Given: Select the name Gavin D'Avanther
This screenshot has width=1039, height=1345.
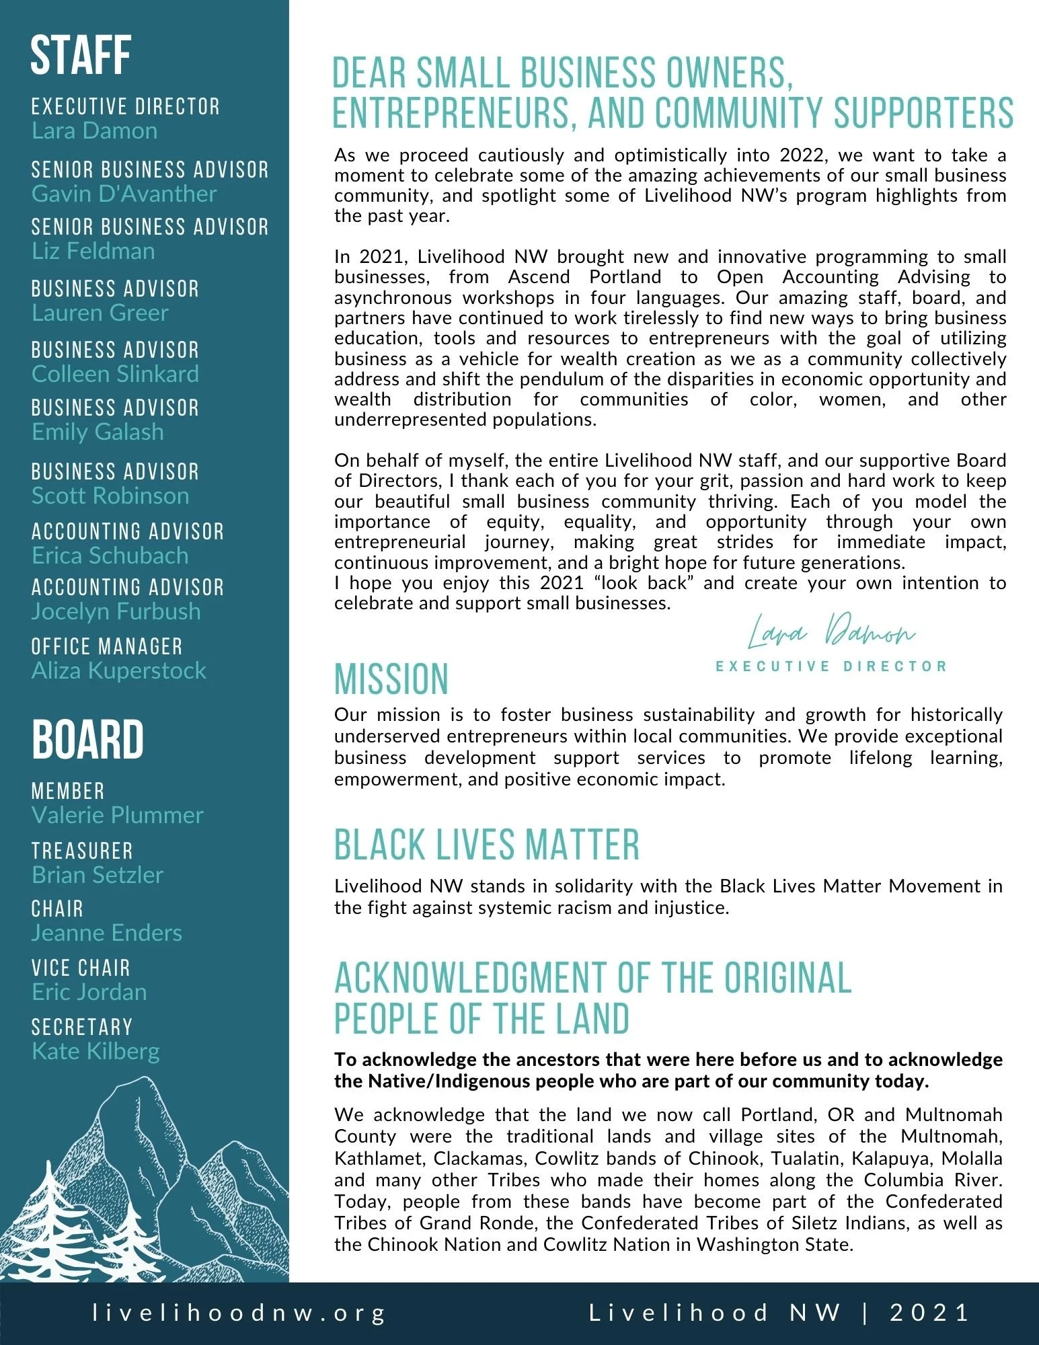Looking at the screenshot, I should (x=124, y=194).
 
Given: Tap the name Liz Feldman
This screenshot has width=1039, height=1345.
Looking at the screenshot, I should (x=93, y=251).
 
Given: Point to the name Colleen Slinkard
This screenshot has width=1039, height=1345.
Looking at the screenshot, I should (x=115, y=374).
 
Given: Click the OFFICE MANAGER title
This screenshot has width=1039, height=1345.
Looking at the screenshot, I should (x=107, y=647).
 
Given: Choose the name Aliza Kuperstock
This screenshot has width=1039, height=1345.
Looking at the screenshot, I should (x=119, y=670).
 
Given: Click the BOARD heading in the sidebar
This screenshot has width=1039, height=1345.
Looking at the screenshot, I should (x=87, y=740).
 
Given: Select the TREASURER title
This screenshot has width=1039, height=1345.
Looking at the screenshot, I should (x=82, y=851).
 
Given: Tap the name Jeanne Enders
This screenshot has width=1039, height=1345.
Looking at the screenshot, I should (x=107, y=933).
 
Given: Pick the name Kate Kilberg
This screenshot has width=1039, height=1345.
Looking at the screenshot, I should (x=95, y=1051).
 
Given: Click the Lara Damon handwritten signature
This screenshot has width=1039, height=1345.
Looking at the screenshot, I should (x=831, y=633).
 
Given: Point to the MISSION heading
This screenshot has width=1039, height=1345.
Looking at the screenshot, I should (x=391, y=679).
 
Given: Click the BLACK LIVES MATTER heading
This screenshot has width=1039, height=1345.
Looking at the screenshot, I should (x=486, y=845).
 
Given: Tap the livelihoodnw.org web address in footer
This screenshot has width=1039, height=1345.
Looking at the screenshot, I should (x=239, y=1313).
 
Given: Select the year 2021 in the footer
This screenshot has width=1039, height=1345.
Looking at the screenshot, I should (x=929, y=1313).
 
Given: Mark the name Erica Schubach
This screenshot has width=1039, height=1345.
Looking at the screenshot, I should (x=110, y=555).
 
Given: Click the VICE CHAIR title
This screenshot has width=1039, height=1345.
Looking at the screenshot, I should (x=81, y=968).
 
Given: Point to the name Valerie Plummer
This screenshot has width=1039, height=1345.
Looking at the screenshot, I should (x=117, y=815).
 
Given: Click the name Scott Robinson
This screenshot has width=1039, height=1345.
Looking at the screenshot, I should (x=110, y=496).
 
